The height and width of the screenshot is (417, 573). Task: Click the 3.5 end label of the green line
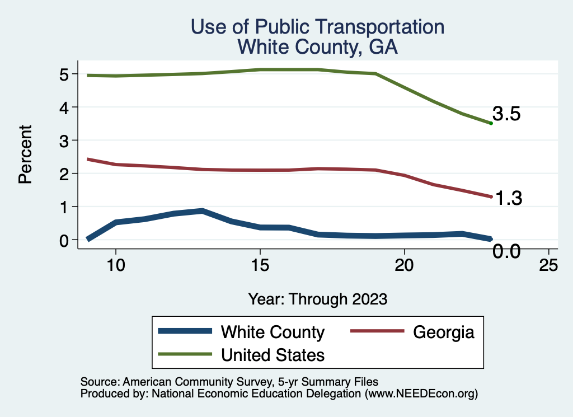click(507, 115)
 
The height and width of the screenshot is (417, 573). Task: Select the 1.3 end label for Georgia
click(508, 198)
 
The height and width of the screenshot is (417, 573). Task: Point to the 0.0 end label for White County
click(507, 252)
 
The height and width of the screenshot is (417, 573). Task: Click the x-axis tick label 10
click(115, 266)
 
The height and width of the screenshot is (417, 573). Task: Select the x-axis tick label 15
click(260, 266)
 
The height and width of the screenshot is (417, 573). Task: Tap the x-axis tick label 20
click(404, 266)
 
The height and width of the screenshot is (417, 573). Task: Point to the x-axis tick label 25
click(548, 266)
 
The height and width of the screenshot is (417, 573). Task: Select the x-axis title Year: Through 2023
click(318, 299)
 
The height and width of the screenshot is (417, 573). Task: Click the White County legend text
click(273, 332)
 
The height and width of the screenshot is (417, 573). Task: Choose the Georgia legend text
click(444, 332)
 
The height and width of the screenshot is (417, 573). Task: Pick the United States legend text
click(273, 355)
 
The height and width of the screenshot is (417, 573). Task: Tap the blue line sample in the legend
click(185, 331)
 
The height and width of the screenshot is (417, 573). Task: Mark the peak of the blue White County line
click(202, 211)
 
